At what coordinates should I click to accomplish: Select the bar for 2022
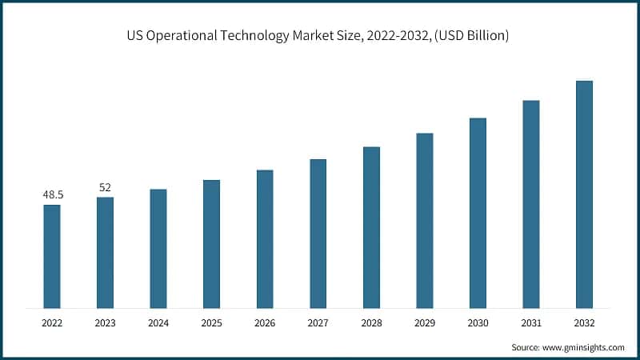[52, 256]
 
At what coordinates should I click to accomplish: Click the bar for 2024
[158, 248]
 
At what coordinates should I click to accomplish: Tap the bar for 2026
[265, 238]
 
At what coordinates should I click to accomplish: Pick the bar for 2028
[371, 227]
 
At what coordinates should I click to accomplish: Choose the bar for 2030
[478, 213]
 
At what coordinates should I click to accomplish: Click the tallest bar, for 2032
[584, 194]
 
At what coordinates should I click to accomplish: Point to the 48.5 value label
[52, 194]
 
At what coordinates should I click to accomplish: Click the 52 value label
[105, 187]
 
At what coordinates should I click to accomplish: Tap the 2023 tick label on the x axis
[105, 323]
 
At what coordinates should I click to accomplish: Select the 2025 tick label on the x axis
[211, 323]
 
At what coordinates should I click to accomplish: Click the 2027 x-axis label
[318, 323]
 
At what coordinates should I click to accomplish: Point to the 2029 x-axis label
[424, 323]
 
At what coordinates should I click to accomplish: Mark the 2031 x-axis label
[530, 323]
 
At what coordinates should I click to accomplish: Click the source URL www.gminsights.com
[583, 347]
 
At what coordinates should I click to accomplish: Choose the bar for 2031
[530, 204]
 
